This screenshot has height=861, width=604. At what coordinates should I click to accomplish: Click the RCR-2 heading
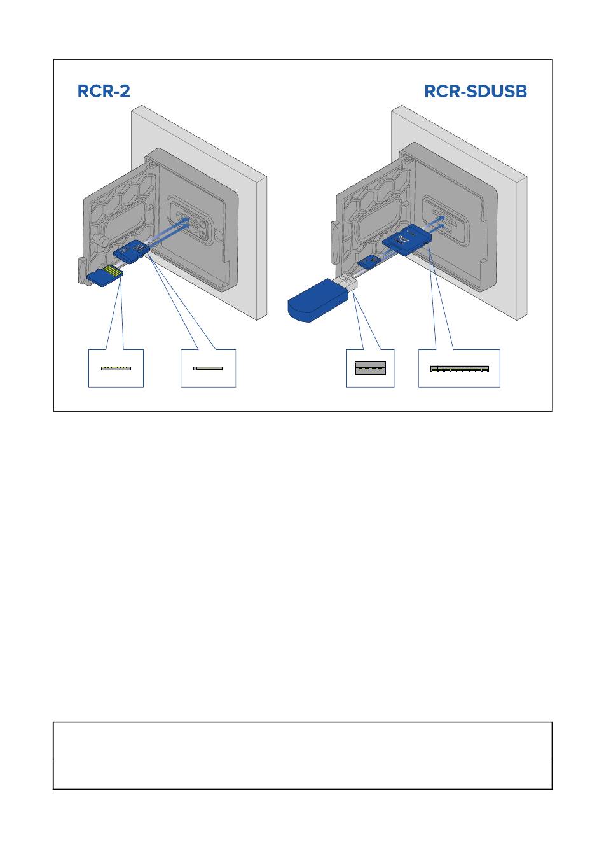104,91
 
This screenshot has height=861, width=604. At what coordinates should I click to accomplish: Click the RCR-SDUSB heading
476,92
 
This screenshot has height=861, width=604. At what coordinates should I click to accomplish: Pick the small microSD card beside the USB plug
369,263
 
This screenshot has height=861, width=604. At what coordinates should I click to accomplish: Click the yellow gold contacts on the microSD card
114,270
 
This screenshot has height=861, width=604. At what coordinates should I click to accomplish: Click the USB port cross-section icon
370,368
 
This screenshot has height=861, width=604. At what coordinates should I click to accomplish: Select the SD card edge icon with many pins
460,368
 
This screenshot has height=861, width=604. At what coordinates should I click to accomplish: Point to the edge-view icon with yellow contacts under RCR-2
116,368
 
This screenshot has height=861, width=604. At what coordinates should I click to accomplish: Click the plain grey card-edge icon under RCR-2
208,368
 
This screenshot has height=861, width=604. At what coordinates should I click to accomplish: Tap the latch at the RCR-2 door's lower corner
83,270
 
